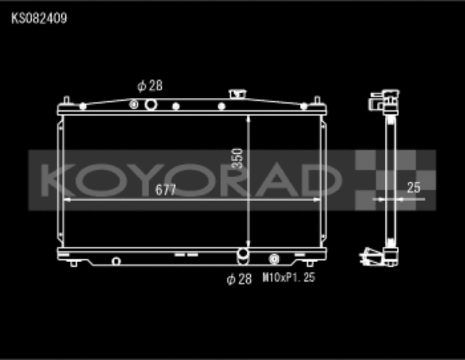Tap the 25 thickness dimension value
click(x=413, y=188)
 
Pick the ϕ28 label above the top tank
click(x=149, y=86)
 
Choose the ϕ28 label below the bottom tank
click(x=239, y=278)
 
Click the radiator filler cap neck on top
click(x=236, y=95)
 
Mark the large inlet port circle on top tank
click(x=150, y=105)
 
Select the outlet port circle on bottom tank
click(x=242, y=256)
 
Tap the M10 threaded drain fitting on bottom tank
click(x=274, y=259)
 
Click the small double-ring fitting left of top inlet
click(x=134, y=105)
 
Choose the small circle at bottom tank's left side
click(x=116, y=260)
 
